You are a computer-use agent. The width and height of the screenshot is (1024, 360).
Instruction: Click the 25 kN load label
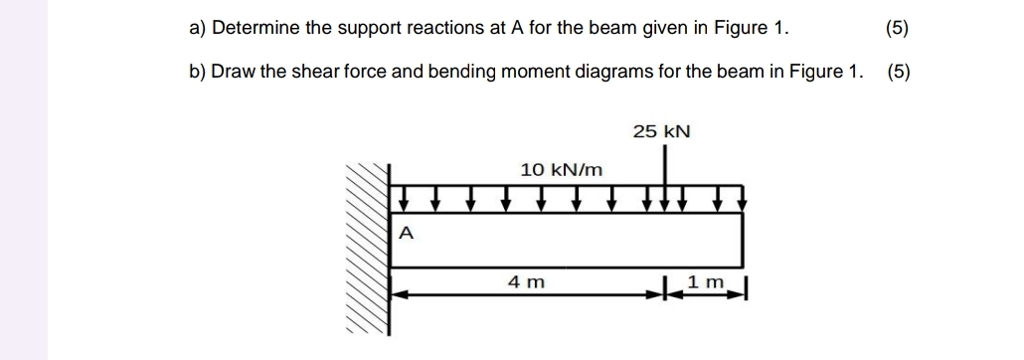coord(661,131)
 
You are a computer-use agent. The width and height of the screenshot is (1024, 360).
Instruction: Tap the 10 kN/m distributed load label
coord(562,169)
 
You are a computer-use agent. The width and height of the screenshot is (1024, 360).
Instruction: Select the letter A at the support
coord(405,234)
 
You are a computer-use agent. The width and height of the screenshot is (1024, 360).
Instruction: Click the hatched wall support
coord(367,249)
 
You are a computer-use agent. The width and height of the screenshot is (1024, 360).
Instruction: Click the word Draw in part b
coord(233,72)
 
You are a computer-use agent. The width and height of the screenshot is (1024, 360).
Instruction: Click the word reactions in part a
coord(443,28)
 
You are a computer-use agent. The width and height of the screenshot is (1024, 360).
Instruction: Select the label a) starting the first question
coord(197,28)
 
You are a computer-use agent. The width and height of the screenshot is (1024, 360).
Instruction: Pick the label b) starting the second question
coord(197,72)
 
